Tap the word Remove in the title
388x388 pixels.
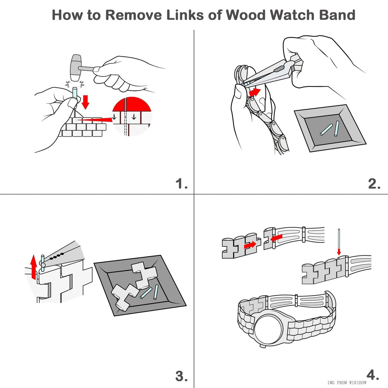click(133, 15)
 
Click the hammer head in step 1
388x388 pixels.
click(76, 68)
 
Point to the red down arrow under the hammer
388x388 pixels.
click(85, 101)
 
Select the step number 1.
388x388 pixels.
click(181, 184)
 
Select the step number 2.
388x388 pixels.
click(374, 184)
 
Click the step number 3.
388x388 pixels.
click(181, 376)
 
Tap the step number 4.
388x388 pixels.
click(373, 375)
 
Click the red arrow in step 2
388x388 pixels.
click(255, 92)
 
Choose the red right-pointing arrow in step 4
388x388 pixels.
click(250, 245)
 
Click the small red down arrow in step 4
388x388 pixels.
click(339, 252)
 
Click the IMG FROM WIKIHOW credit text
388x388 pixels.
click(347, 383)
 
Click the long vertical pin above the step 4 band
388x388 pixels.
click(339, 238)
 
